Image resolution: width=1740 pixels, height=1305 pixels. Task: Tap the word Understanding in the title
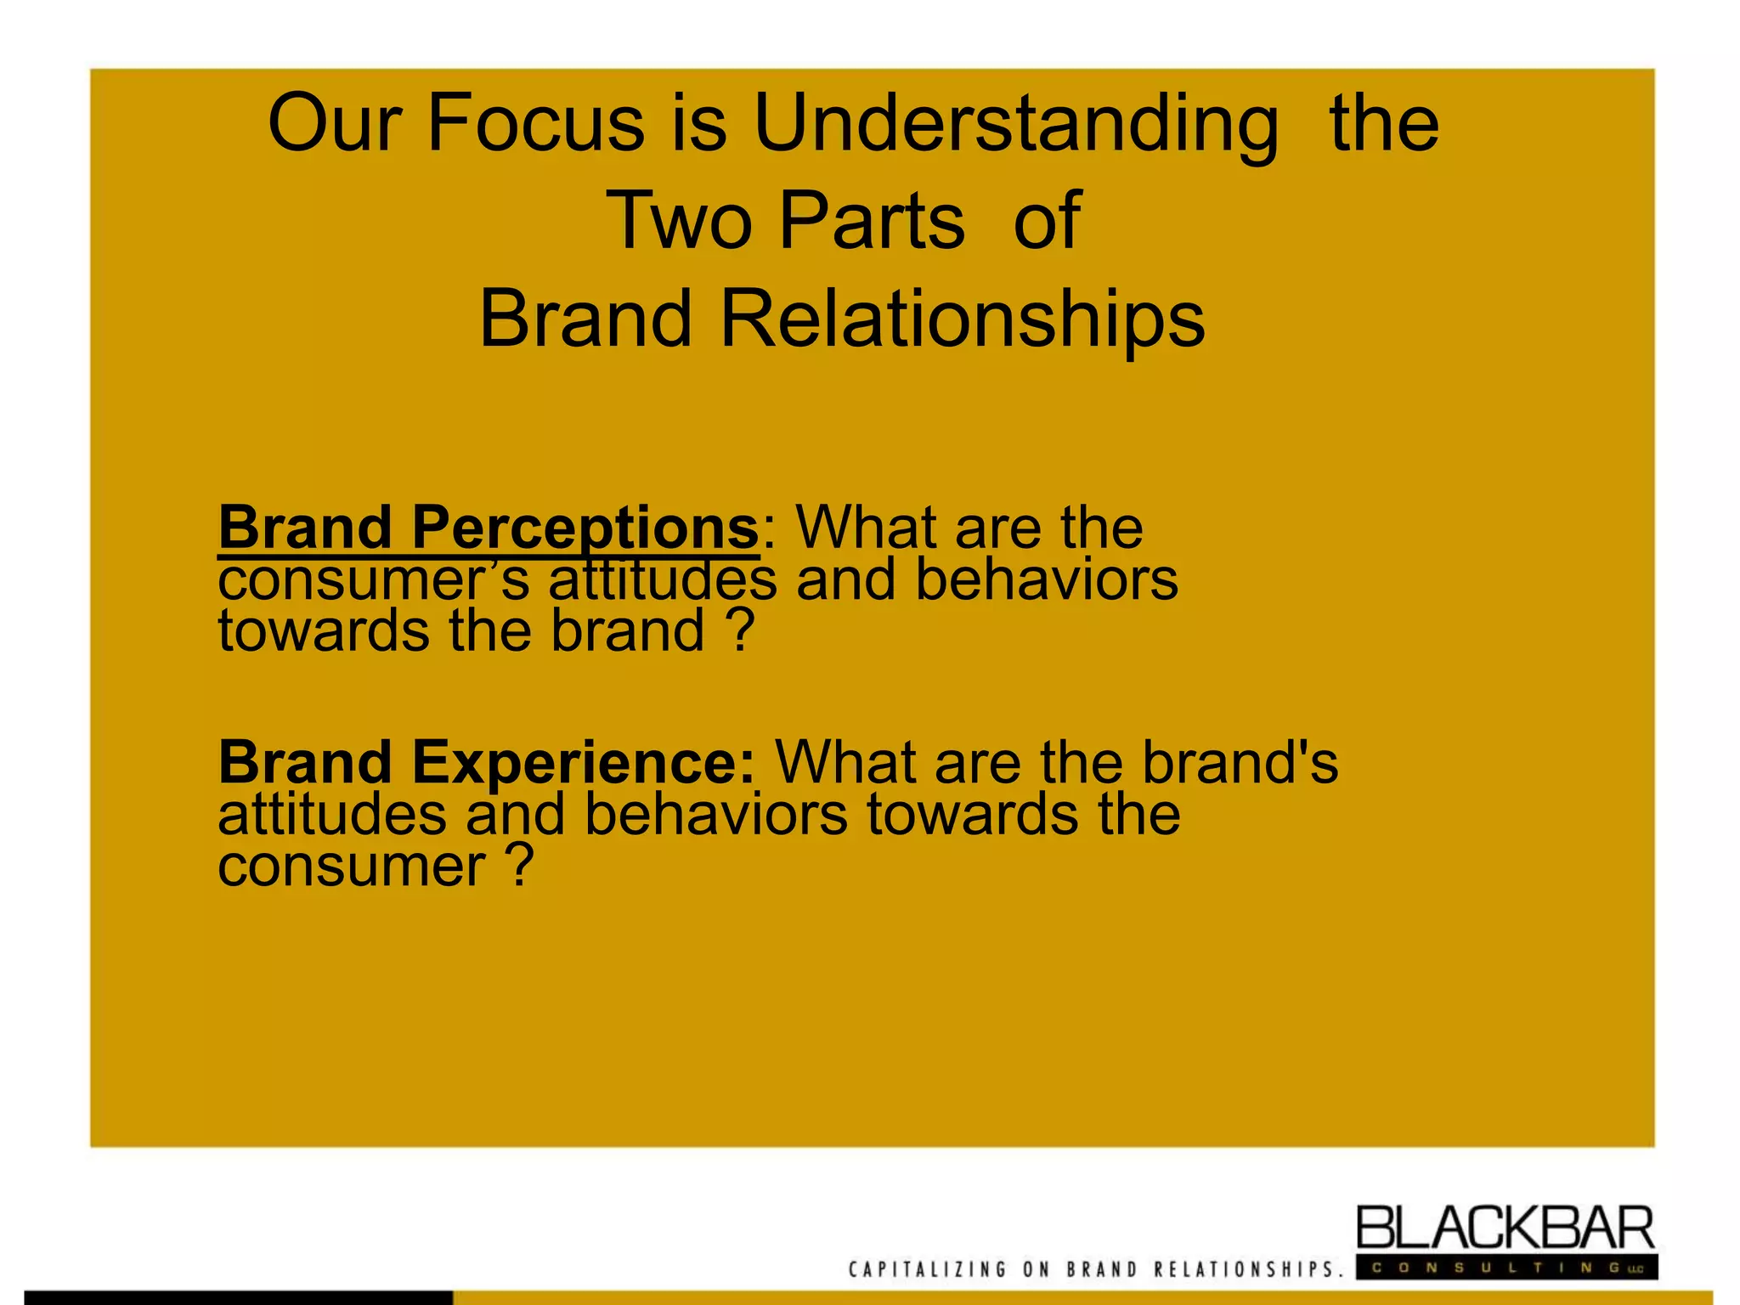tap(1015, 126)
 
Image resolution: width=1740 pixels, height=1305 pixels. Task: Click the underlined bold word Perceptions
tap(585, 528)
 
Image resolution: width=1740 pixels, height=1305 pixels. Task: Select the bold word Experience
tap(583, 762)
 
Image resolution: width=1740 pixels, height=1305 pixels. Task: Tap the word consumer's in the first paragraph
tap(374, 581)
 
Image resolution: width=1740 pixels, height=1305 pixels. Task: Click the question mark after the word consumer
tap(520, 866)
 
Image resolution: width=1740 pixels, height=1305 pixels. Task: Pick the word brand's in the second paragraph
tap(1240, 762)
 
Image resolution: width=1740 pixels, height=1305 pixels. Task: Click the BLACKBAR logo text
tap(1505, 1229)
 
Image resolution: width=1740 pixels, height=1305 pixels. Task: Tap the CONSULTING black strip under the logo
tap(1506, 1268)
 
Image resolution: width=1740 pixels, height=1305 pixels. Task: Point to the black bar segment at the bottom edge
tap(238, 1297)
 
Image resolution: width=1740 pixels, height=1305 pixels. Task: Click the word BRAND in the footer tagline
tap(1102, 1270)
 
